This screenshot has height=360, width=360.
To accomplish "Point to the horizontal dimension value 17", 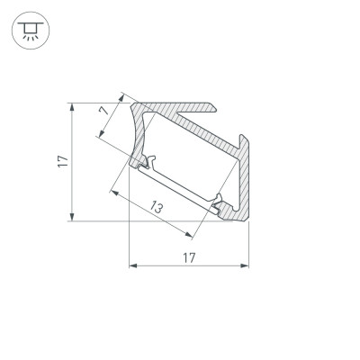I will pos(188,256).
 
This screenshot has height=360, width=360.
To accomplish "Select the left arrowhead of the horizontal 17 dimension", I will pos(133,265).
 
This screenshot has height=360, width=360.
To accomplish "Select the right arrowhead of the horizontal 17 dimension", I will pos(245,265).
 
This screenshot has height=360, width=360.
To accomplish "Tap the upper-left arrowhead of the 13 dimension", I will pos(113,190).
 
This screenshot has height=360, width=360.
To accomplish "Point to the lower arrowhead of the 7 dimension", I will pos(99,136).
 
